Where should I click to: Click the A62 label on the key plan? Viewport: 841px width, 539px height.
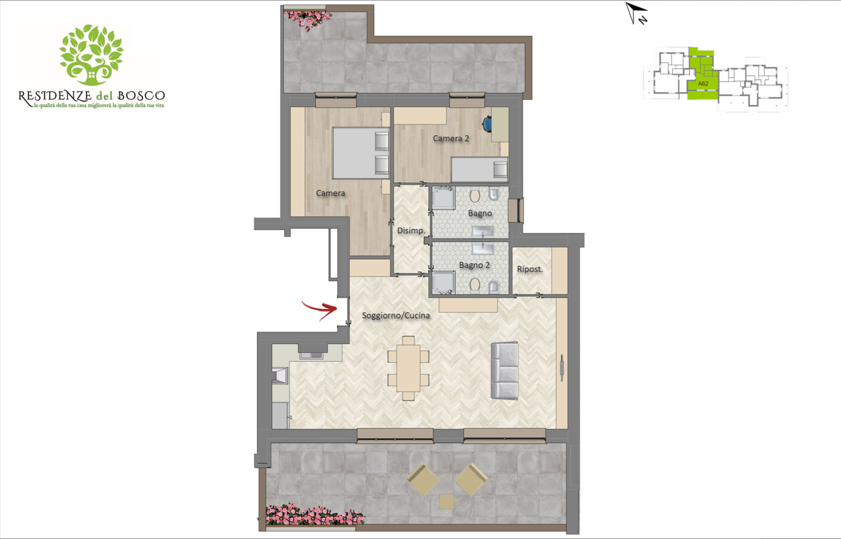(703, 84)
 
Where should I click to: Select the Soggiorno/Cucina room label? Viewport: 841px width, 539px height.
(396, 315)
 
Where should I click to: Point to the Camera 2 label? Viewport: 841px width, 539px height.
(451, 138)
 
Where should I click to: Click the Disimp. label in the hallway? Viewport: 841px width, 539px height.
(411, 231)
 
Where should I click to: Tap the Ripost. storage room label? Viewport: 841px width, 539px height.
(530, 269)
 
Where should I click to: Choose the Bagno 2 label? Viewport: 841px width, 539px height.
(474, 265)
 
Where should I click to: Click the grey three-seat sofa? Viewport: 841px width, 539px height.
(505, 371)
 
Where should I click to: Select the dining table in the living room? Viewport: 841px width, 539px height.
(408, 368)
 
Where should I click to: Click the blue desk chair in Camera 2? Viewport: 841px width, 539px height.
(487, 124)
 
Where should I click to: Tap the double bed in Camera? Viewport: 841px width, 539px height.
(361, 153)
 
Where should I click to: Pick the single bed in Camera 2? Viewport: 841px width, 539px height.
(479, 170)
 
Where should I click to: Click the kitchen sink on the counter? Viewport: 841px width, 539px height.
(311, 355)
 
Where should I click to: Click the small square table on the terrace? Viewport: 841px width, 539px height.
(446, 502)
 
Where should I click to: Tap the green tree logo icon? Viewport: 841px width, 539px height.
(91, 55)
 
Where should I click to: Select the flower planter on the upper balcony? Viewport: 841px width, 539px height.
(307, 19)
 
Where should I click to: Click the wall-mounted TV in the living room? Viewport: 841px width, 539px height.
(562, 368)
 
